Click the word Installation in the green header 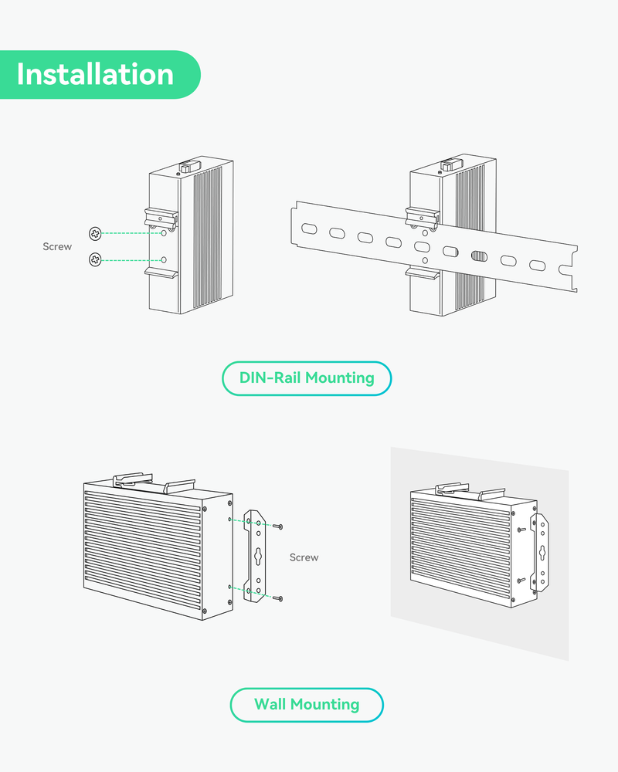pos(95,75)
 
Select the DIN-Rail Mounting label pos(307,378)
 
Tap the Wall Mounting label pos(307,704)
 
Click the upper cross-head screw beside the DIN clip pos(95,233)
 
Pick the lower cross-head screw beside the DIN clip pos(95,260)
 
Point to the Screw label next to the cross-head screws pos(57,247)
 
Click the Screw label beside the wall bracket pos(304,557)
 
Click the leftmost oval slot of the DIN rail pos(308,229)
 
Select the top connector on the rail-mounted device pos(447,164)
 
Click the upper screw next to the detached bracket pos(278,527)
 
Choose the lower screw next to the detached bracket pos(278,598)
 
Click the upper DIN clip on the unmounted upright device pos(161,217)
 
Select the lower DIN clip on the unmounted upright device pos(161,272)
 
